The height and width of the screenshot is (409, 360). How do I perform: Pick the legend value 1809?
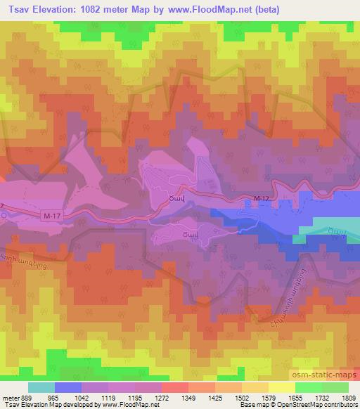pyautogui.click(x=348, y=397)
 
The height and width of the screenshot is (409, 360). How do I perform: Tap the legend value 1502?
pyautogui.click(x=242, y=397)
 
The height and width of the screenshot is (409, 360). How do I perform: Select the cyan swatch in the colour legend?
pyautogui.click(x=41, y=387)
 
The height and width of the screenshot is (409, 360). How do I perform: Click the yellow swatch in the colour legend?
pyautogui.click(x=281, y=387)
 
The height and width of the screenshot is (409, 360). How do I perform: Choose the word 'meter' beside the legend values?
pyautogui.click(x=10, y=397)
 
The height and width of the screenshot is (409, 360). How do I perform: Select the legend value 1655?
pyautogui.click(x=295, y=397)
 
